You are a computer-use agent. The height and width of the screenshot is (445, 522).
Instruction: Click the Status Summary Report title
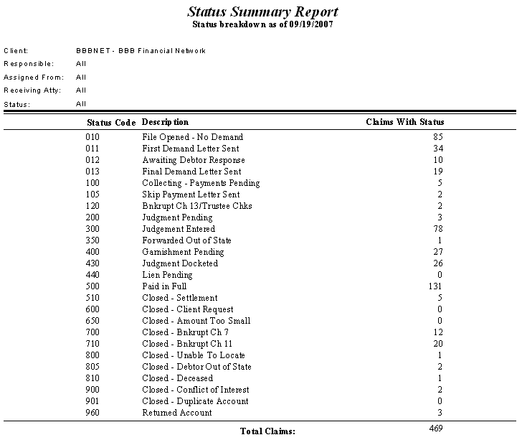[x=262, y=12]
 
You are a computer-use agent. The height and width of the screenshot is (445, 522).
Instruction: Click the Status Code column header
[x=111, y=123]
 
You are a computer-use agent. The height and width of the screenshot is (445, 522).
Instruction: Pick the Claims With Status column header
[x=404, y=122]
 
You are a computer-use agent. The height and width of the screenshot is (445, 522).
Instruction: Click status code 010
[x=93, y=137]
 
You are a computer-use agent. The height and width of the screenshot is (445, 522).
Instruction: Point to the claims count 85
[x=439, y=137]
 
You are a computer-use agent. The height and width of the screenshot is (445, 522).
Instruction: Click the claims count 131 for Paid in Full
[x=436, y=286]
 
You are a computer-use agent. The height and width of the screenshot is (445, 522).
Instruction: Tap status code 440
[x=93, y=275]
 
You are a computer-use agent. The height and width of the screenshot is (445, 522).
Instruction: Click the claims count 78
[x=439, y=229]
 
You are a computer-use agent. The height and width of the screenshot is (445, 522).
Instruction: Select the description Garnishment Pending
[x=183, y=252]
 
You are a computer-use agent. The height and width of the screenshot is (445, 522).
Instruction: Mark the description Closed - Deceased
[x=177, y=378]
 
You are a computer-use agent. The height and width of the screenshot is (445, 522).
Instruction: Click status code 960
[x=93, y=413]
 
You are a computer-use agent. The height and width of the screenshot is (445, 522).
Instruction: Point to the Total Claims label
[x=267, y=431]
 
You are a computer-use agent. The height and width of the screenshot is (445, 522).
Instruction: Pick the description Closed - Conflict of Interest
[x=196, y=390]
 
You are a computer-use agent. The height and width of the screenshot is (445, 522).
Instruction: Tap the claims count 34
[x=439, y=149]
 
